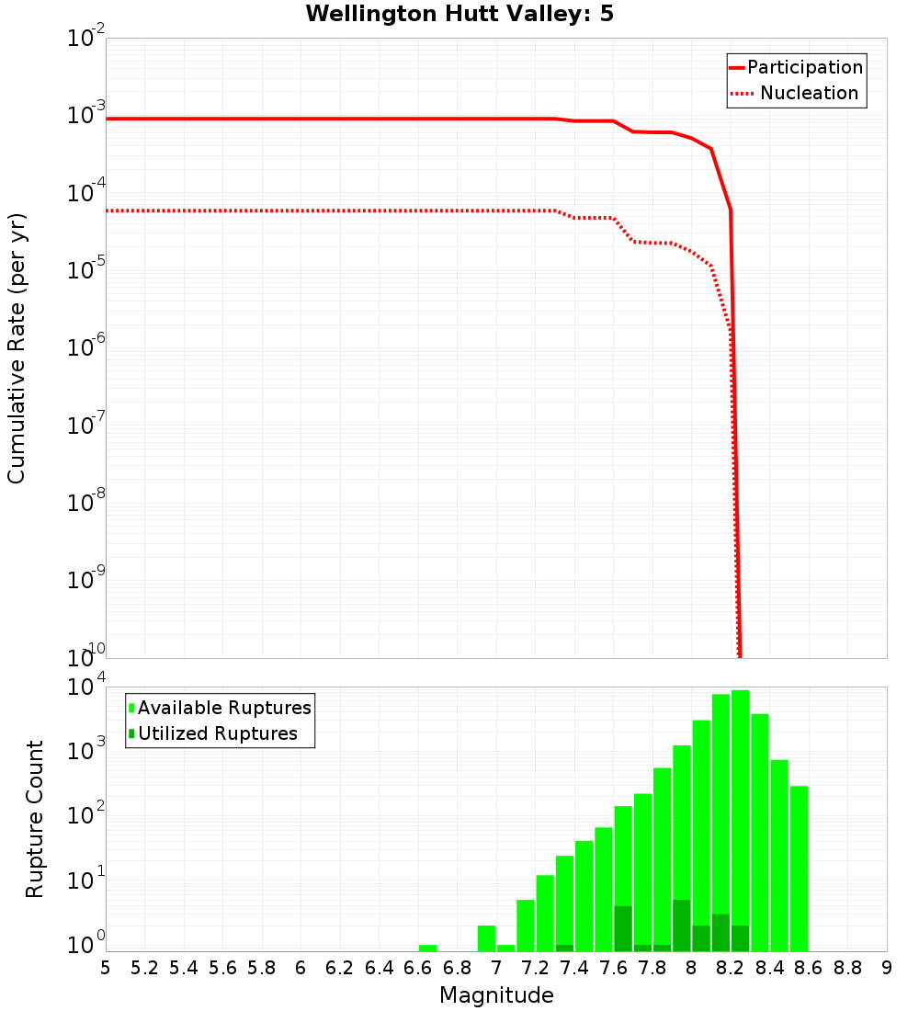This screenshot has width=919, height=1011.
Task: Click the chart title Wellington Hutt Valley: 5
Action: (x=459, y=14)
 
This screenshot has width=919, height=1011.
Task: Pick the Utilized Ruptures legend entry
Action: (x=217, y=733)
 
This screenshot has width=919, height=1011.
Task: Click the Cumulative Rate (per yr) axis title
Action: (x=17, y=347)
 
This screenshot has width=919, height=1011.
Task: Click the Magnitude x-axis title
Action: (x=496, y=995)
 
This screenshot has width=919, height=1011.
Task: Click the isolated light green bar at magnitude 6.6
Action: (x=427, y=948)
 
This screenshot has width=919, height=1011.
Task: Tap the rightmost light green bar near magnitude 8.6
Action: (x=799, y=869)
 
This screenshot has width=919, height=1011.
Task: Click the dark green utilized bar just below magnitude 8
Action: (x=681, y=926)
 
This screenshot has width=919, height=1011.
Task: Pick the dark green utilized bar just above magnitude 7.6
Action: (x=623, y=929)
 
